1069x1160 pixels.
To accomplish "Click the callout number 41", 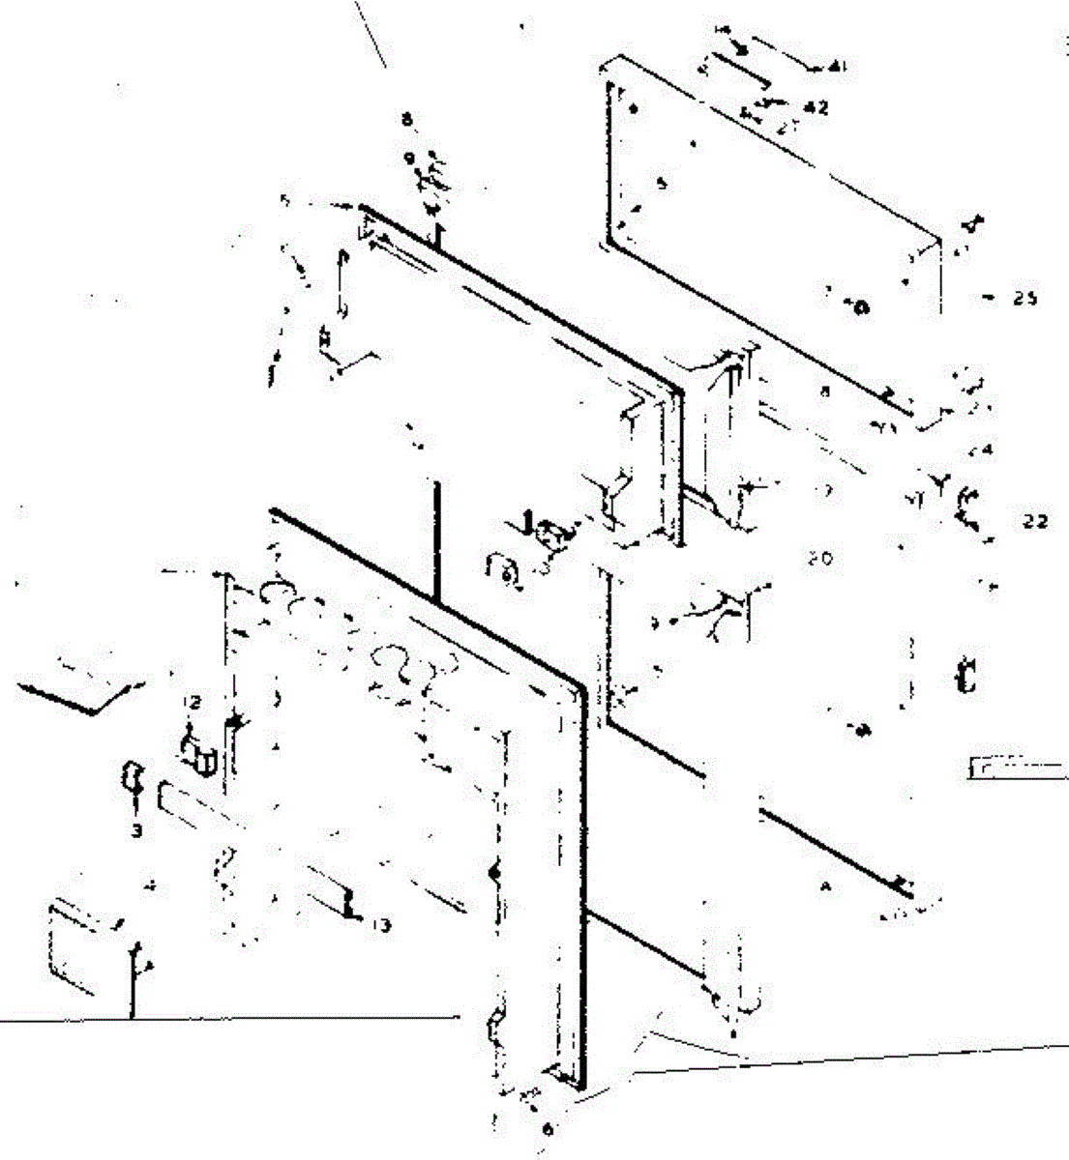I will click(x=838, y=67).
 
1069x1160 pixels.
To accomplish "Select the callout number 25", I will click(x=1024, y=299).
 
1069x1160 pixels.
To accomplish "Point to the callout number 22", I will click(x=1034, y=522).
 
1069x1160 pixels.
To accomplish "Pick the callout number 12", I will click(x=193, y=703).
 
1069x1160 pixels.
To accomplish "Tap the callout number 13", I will click(x=381, y=926).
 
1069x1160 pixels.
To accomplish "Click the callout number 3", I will click(x=136, y=829).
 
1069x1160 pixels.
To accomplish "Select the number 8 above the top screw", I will click(x=407, y=120).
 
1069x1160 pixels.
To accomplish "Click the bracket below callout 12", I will click(x=202, y=754).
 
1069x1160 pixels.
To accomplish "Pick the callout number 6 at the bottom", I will click(x=548, y=1128).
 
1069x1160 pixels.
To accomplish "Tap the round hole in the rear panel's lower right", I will click(x=860, y=307).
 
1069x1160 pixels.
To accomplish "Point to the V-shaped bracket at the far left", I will click(x=81, y=690).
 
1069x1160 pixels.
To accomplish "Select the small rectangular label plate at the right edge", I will click(x=1016, y=768).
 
